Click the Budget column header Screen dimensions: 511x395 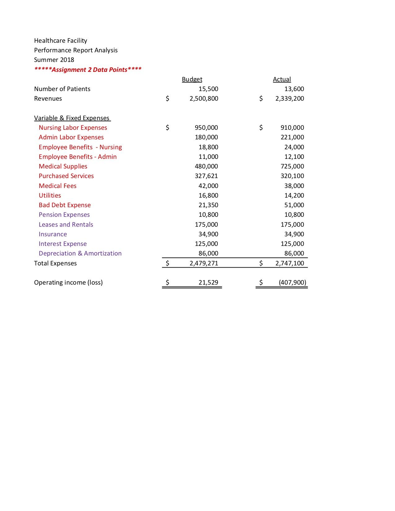[x=192, y=79]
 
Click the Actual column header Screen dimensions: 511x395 [x=282, y=79]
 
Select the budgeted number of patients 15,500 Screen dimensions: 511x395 [x=208, y=89]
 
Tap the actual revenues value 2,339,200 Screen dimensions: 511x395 [x=289, y=98]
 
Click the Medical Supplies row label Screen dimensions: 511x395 [x=63, y=166]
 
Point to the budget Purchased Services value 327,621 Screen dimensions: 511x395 [x=206, y=176]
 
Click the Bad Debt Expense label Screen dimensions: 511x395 [x=64, y=205]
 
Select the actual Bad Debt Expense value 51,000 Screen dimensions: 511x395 [x=294, y=205]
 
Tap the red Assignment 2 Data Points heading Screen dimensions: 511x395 [x=88, y=70]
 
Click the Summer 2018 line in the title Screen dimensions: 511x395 [x=54, y=60]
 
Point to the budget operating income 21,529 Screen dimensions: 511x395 [x=208, y=282]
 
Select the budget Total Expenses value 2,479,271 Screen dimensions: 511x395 [x=204, y=263]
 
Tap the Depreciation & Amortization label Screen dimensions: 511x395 [x=80, y=253]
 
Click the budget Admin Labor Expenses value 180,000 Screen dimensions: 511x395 [x=206, y=137]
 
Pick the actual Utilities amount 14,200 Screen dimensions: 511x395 [x=294, y=195]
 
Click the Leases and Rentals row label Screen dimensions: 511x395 [x=66, y=225]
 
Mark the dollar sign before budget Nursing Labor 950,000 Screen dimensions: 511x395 [x=167, y=128]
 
